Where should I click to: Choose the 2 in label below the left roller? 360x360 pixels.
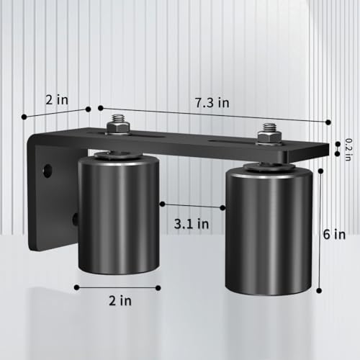point(116,302)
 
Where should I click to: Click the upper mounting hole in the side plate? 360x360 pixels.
point(48,171)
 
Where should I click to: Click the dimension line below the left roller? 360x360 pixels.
point(117,287)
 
